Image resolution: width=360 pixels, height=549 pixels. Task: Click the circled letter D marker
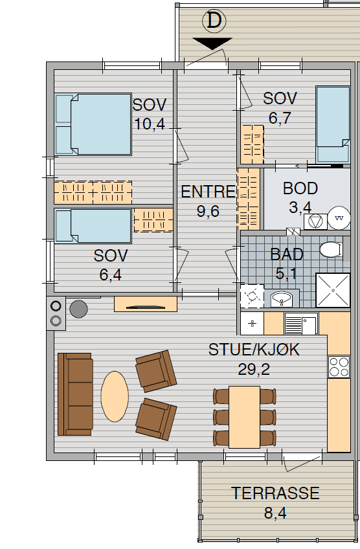pos(214,21)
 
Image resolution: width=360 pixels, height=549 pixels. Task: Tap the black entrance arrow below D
pos(212,43)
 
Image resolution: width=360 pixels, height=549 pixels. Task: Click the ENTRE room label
pos(208,192)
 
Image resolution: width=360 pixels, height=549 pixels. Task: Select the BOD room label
pos(300,188)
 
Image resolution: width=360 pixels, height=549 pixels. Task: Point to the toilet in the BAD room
pos(330,250)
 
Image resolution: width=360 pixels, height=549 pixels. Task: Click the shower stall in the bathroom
pos(333,290)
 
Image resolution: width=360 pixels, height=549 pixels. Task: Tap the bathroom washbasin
pos(282,298)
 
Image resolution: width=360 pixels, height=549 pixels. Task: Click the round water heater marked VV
pos(339,218)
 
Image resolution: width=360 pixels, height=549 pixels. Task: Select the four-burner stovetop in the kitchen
pos(339,366)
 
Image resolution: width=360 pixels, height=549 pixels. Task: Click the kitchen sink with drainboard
pos(301,324)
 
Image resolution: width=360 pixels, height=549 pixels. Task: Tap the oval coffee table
pos(115,396)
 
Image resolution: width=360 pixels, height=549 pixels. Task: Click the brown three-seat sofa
pos(75,394)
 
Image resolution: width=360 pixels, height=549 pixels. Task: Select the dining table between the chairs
pos(245,417)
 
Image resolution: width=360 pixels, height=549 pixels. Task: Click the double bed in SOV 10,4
pos(93,124)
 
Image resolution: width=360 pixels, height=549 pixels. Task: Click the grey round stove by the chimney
pos(78,309)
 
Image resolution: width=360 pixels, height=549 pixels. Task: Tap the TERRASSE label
pos(275,493)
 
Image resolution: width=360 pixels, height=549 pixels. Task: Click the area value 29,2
pos(254,369)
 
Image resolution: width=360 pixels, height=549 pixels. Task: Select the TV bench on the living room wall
pos(146,304)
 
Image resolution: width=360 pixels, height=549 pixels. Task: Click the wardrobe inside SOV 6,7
pos(252,144)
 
